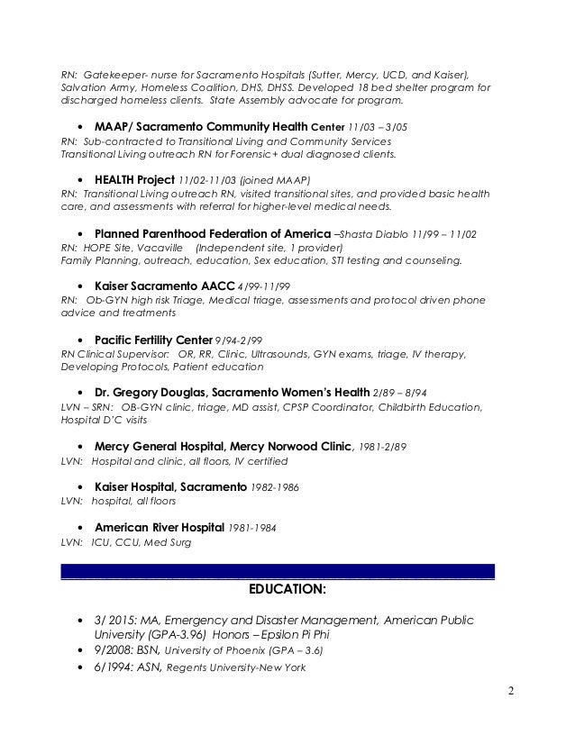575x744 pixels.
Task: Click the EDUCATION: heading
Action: [x=287, y=591]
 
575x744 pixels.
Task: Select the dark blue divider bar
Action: [x=278, y=570]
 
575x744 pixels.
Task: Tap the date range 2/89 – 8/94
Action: [x=402, y=393]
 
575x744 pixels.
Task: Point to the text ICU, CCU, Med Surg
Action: [x=141, y=543]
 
